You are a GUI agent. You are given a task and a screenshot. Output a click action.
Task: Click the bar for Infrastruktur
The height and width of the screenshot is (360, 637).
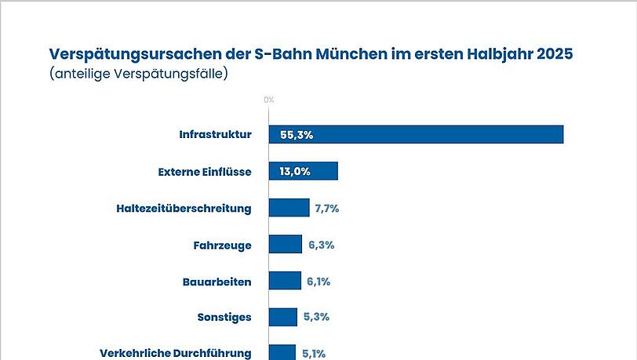[416, 134]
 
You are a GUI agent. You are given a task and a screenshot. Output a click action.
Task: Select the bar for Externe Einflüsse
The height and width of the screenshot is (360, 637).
[304, 171]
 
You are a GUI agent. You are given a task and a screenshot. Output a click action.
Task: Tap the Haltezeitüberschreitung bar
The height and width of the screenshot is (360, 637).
[289, 208]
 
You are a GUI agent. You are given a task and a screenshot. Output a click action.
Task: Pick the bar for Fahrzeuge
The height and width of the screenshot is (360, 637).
[286, 244]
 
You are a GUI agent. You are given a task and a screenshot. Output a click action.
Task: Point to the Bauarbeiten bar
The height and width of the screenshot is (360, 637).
[285, 281]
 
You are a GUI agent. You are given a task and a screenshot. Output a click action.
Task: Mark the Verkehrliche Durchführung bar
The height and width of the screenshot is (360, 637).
[282, 352]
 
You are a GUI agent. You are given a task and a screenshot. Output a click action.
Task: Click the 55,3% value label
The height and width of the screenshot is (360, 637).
[297, 135]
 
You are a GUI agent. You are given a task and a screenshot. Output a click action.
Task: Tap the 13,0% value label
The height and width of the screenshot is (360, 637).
[295, 172]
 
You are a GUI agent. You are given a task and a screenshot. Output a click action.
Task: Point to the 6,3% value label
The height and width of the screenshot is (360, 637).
[321, 245]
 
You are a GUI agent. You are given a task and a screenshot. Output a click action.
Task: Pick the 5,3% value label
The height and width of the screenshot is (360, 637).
[315, 318]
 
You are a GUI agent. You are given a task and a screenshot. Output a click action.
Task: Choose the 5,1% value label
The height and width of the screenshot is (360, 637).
[315, 354]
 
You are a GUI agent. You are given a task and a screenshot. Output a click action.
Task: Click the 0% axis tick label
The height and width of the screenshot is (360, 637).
[268, 100]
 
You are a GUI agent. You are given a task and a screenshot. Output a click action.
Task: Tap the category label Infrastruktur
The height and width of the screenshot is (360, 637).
[215, 135]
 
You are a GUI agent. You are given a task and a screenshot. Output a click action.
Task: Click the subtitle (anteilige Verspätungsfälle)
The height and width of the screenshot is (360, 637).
[138, 75]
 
